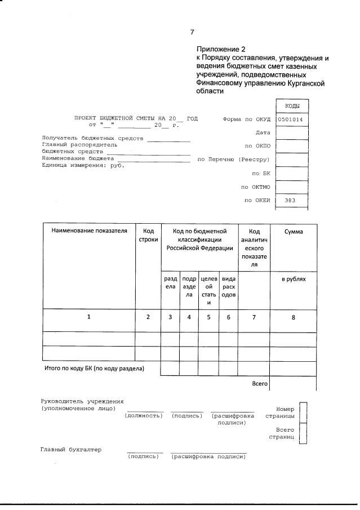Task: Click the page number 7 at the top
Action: pos(192,32)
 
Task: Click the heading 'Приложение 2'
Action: pos(221,50)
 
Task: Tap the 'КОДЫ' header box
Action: pos(292,106)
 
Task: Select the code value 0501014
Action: pos(291,119)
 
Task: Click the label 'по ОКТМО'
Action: pos(256,187)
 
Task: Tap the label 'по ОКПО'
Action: pos(258,146)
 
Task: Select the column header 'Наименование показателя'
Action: pos(90,230)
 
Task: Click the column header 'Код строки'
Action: pos(148,235)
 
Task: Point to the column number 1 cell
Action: pos(89,317)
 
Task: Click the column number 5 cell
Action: pos(208,317)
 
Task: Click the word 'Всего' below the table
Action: pos(259,384)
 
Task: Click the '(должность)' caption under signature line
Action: pos(144,415)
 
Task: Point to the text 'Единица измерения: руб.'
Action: pos(83,165)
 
